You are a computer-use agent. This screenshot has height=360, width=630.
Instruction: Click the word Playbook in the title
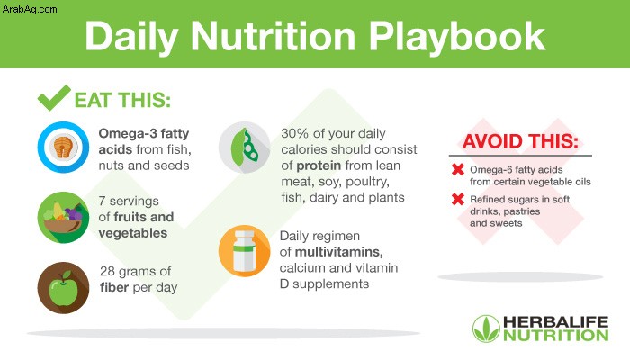pyautogui.click(x=457, y=38)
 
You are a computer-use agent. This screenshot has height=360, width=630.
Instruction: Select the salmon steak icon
pyautogui.click(x=63, y=147)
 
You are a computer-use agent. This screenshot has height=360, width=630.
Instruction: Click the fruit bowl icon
pyautogui.click(x=63, y=218)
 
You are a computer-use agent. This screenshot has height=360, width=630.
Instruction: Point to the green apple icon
pyautogui.click(x=63, y=288)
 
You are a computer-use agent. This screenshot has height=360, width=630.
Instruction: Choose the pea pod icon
pyautogui.click(x=244, y=147)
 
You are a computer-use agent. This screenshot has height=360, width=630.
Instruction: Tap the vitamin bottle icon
pyautogui.click(x=244, y=251)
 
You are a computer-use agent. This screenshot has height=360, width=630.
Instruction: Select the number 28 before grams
pyautogui.click(x=107, y=271)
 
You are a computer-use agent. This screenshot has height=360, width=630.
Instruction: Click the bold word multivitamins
pyautogui.click(x=338, y=252)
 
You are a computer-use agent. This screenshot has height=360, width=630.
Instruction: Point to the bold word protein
pyautogui.click(x=319, y=166)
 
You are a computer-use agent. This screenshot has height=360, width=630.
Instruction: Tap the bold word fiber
pyautogui.click(x=114, y=287)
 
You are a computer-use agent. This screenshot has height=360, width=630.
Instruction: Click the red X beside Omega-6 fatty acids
pyautogui.click(x=458, y=169)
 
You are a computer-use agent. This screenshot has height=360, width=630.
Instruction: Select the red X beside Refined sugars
pyautogui.click(x=458, y=199)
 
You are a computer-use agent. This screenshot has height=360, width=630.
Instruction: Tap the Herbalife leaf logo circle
pyautogui.click(x=486, y=328)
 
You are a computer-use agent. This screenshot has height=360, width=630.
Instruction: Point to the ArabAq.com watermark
pyautogui.click(x=30, y=9)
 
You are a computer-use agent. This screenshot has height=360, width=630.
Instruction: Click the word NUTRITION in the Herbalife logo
pyautogui.click(x=556, y=336)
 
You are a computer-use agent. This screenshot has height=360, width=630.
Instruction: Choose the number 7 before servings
pyautogui.click(x=102, y=201)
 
